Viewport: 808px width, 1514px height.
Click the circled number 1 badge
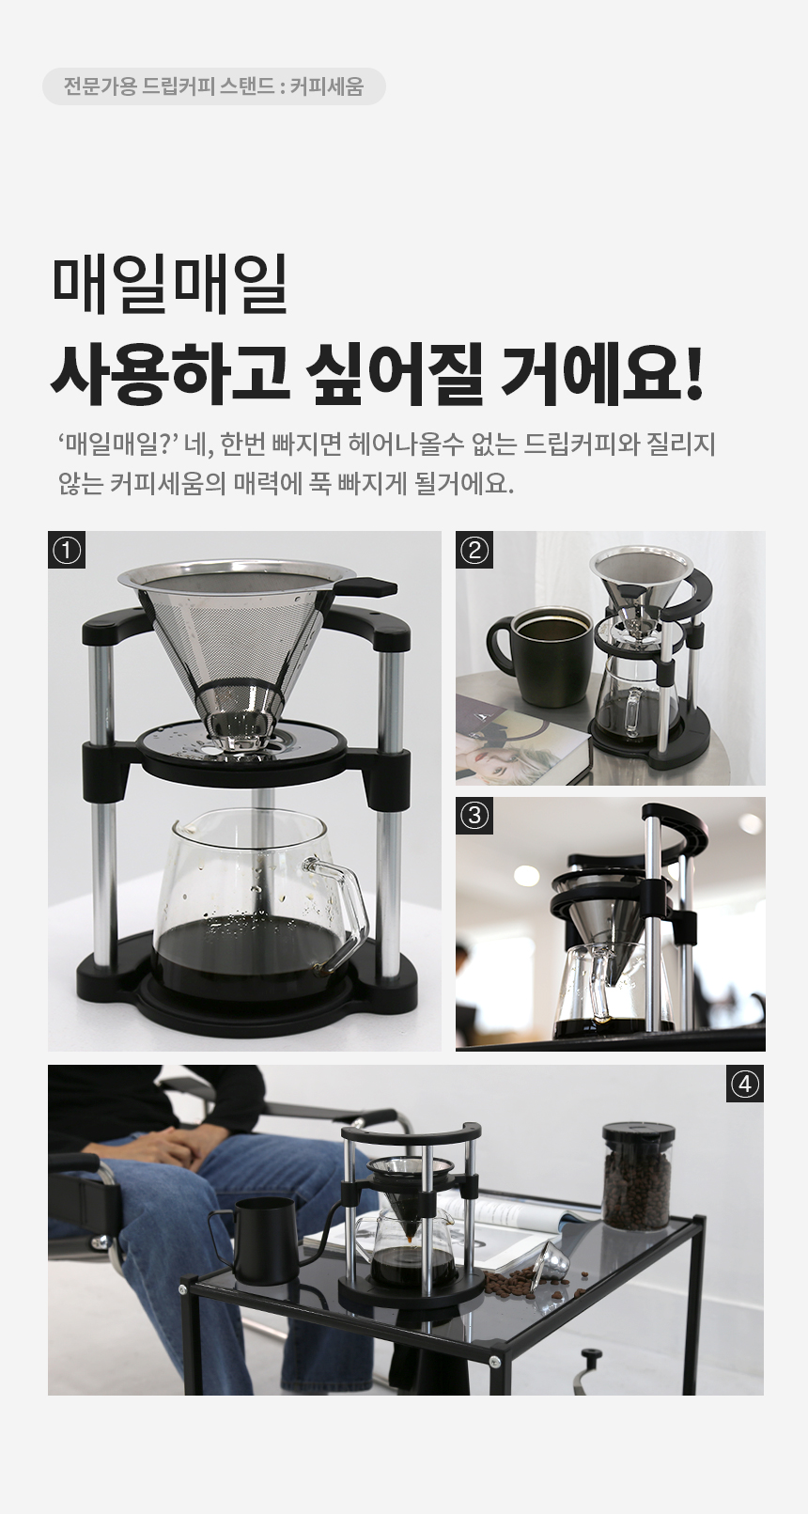click(66, 550)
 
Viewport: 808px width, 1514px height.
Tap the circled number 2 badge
click(474, 550)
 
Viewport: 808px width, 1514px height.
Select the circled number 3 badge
click(474, 816)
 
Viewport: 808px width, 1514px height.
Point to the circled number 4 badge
click(744, 1085)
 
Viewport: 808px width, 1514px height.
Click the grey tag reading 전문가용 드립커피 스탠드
click(214, 86)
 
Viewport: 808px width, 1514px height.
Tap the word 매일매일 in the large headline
click(170, 284)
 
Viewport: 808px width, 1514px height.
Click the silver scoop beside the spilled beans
click(554, 1258)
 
